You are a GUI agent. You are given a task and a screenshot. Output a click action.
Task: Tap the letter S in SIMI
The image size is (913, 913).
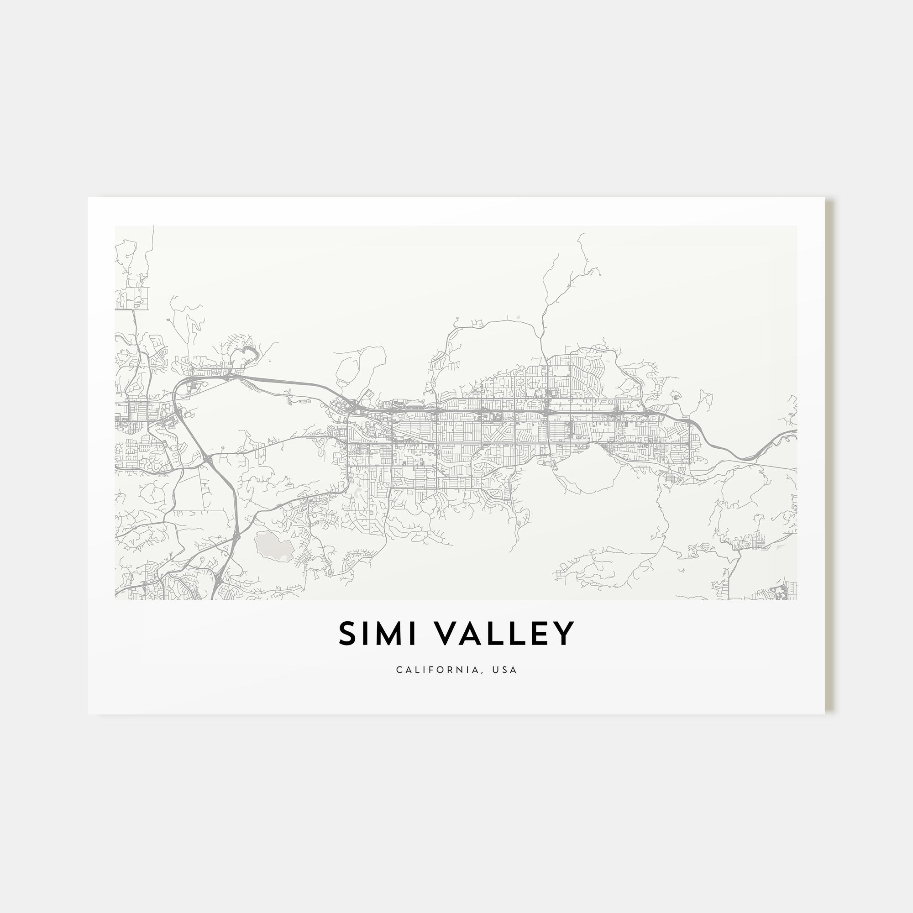347,634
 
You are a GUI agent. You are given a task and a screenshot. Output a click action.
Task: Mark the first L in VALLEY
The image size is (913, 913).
497,634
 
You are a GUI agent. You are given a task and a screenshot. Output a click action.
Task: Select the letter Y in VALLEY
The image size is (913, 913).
565,634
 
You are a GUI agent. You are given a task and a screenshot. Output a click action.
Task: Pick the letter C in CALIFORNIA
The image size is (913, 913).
399,670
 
